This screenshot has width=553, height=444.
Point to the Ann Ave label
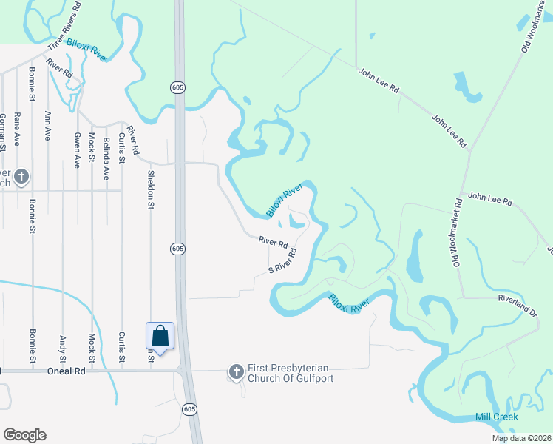pos(47,126)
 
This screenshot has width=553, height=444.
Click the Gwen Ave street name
pos(76,150)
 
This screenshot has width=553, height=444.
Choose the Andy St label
pos(62,345)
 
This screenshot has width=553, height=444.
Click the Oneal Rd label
pos(67,371)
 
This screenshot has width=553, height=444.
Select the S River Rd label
pos(282,261)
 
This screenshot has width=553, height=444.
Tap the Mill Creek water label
pos(495,417)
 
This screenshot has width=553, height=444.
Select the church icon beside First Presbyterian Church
pos(237,371)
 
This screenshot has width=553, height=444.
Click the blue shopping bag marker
pos(160,337)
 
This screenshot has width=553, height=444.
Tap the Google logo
pos(24,435)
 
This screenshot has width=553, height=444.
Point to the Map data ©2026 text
pos(521,438)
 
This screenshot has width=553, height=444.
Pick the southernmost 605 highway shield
pos(190,409)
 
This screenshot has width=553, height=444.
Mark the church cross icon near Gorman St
pos(21,176)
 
